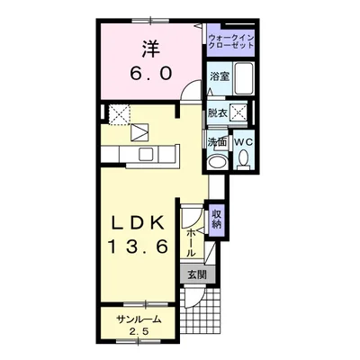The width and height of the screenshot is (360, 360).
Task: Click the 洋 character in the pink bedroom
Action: click(150, 49)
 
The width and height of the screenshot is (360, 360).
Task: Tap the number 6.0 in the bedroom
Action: click(151, 74)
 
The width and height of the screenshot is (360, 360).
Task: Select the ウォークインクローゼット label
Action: click(231, 42)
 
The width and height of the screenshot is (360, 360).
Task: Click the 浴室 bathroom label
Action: click(220, 76)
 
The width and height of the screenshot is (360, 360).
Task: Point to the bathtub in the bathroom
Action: click(244, 78)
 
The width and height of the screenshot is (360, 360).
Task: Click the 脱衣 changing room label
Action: click(218, 113)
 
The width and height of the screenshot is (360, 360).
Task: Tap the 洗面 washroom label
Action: click(217, 142)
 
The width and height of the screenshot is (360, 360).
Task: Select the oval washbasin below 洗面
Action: click(218, 162)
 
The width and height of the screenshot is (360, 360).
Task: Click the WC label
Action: click(244, 142)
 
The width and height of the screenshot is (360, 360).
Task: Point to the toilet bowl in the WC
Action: click(244, 157)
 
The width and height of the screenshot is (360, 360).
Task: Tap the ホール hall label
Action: click(191, 243)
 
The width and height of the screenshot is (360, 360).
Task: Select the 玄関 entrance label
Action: click(197, 274)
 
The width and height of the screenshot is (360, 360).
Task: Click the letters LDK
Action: click(139, 222)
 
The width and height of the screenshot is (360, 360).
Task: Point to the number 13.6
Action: click(138, 247)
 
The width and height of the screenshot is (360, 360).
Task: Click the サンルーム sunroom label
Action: click(139, 319)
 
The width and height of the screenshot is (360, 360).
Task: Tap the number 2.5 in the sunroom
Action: click(139, 332)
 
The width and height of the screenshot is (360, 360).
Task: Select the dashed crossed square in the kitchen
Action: click(119, 114)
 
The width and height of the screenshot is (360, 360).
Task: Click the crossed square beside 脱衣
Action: click(238, 113)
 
